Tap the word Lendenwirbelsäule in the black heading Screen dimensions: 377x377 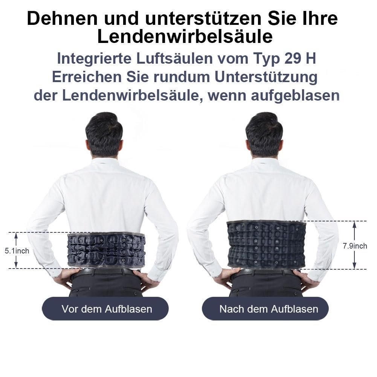[x=185, y=37]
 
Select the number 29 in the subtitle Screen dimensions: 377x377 [x=292, y=58]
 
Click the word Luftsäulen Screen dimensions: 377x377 [x=175, y=58]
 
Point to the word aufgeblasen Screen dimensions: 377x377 [x=295, y=96]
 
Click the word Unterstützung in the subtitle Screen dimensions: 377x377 [x=266, y=77]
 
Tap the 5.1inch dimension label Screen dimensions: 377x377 [x=17, y=251]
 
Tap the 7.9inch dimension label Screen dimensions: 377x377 [x=355, y=246]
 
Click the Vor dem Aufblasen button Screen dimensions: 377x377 [x=105, y=309]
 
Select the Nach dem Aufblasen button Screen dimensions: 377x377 [x=265, y=309]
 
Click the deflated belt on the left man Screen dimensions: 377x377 [x=107, y=250]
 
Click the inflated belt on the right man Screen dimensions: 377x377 [x=266, y=245]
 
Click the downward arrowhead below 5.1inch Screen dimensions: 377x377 [x=16, y=265]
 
